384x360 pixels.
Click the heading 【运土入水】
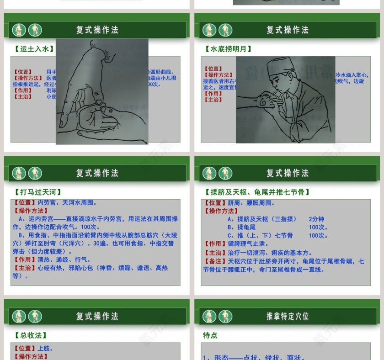34,49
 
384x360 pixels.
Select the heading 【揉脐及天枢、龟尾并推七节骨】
257,192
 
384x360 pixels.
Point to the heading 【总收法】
31,335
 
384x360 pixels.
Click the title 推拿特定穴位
288,316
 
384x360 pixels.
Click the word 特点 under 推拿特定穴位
210,335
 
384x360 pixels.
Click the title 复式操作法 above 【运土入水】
97,30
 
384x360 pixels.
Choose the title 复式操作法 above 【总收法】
97,316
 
